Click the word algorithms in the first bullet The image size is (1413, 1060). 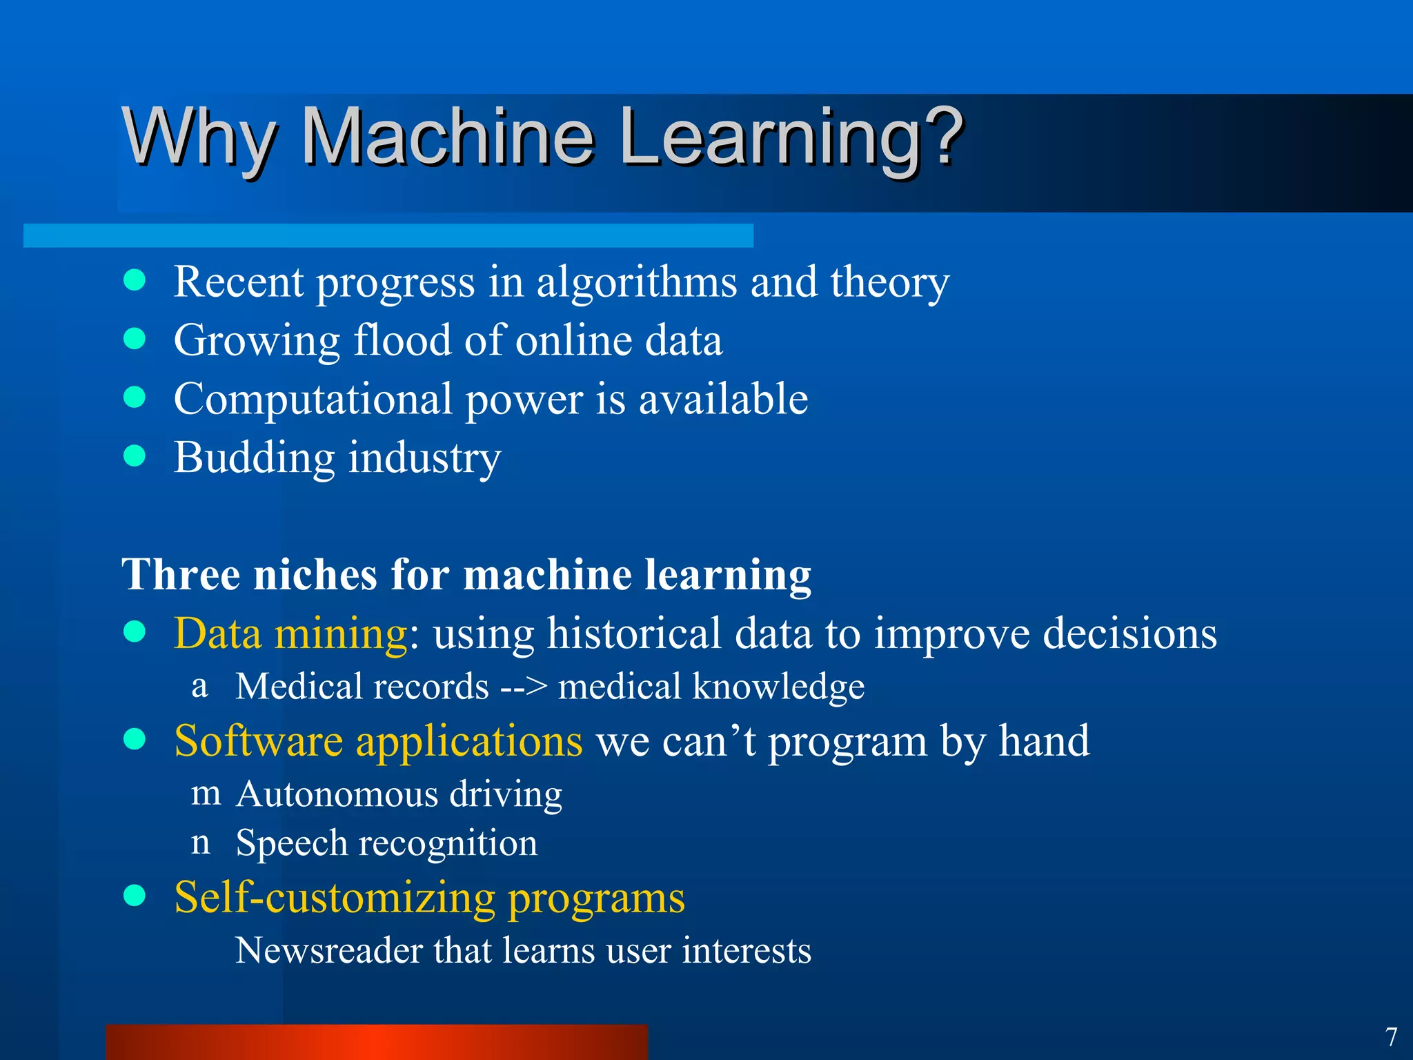tap(637, 283)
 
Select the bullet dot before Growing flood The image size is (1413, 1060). tap(135, 339)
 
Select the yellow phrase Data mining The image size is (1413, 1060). tap(290, 634)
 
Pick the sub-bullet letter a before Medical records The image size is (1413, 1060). tap(199, 686)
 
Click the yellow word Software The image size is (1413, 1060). tap(258, 742)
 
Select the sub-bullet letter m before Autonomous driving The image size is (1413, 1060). tap(206, 794)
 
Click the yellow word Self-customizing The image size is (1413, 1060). tap(335, 898)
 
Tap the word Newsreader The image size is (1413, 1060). tap(328, 951)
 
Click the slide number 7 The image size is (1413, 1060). tap(1391, 1037)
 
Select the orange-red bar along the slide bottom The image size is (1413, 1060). tap(377, 1042)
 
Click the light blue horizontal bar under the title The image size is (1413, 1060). tap(388, 235)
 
